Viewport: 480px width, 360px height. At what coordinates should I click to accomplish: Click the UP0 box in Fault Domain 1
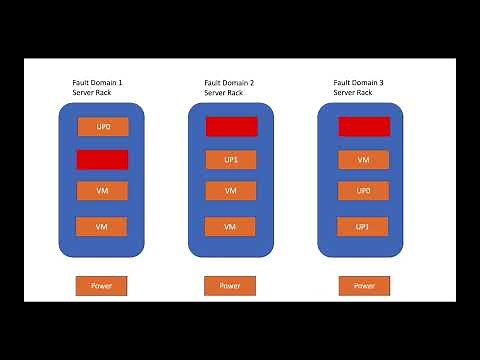pyautogui.click(x=102, y=128)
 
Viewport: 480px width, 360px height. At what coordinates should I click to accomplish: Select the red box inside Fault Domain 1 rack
pyautogui.click(x=102, y=159)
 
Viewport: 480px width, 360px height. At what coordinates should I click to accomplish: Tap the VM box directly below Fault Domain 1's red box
pyautogui.click(x=102, y=191)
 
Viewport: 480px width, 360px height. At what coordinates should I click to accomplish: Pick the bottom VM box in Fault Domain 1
pyautogui.click(x=102, y=227)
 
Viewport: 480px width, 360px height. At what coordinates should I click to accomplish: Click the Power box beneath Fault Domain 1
pyautogui.click(x=102, y=286)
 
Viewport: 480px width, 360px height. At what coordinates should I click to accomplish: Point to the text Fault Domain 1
pyautogui.click(x=98, y=82)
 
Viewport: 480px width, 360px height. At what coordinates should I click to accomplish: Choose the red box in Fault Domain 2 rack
pyautogui.click(x=231, y=127)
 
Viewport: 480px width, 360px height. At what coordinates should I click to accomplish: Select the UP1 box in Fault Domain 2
pyautogui.click(x=231, y=159)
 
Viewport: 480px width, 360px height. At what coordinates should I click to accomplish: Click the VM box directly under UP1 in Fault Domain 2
pyautogui.click(x=231, y=191)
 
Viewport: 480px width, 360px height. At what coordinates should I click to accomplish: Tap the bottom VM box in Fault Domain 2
pyautogui.click(x=231, y=227)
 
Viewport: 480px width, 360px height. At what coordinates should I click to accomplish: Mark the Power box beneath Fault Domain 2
pyautogui.click(x=231, y=286)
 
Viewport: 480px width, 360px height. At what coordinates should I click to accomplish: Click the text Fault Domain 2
pyautogui.click(x=230, y=82)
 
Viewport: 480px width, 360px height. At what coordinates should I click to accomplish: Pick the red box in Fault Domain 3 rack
pyautogui.click(x=364, y=127)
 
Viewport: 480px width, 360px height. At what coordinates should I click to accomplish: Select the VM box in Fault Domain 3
pyautogui.click(x=364, y=159)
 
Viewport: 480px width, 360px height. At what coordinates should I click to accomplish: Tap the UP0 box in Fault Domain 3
pyautogui.click(x=364, y=191)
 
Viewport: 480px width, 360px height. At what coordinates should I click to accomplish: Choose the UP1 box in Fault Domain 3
pyautogui.click(x=364, y=227)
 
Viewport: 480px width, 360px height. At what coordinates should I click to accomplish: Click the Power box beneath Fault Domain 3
pyautogui.click(x=364, y=286)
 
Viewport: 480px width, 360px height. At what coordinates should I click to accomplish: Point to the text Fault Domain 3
pyautogui.click(x=359, y=82)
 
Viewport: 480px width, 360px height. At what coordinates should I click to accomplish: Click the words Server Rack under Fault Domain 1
pyautogui.click(x=93, y=93)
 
